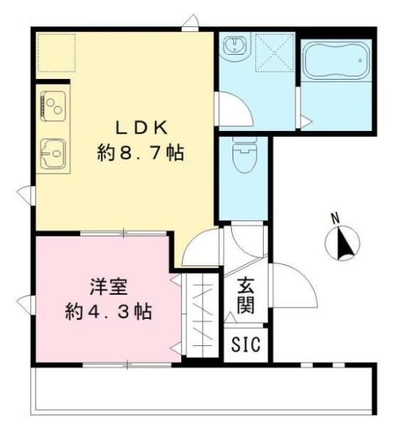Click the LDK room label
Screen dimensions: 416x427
coord(142,127)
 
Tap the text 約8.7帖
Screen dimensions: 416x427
coord(141,153)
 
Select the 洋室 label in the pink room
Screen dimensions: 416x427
coord(109,287)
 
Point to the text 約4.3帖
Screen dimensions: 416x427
coord(108,312)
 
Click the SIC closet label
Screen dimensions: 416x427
coord(245,344)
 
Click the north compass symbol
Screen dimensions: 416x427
coord(343,243)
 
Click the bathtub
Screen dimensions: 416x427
coord(336,60)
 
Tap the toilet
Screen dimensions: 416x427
coord(245,154)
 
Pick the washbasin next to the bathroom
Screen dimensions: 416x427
coord(235,45)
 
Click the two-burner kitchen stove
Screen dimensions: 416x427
coord(53,106)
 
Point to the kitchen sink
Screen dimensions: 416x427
coord(53,153)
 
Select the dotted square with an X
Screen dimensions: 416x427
coord(275,53)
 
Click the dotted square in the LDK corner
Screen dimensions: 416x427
coord(56,53)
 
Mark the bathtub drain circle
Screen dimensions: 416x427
coord(360,60)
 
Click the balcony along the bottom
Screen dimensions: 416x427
coord(203,391)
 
